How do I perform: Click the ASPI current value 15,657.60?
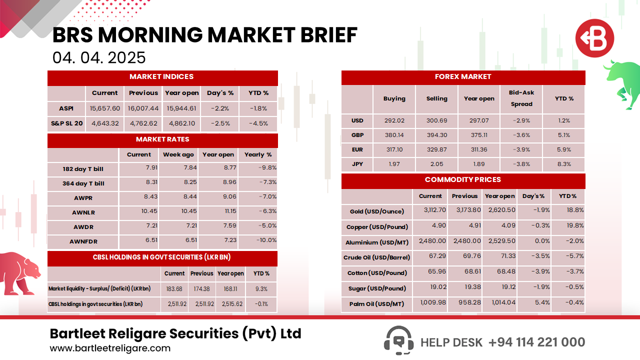point(105,108)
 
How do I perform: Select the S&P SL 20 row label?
point(66,123)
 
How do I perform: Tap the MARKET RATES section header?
point(162,139)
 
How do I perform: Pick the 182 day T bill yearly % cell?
point(258,168)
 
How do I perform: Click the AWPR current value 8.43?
point(139,197)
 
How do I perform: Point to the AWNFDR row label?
point(83,242)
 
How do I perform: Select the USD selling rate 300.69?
point(436,120)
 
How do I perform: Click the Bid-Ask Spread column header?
point(521,98)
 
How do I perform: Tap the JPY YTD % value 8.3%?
point(563,164)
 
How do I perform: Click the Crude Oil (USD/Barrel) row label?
point(376,257)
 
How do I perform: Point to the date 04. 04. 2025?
point(99,57)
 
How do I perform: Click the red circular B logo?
point(594,39)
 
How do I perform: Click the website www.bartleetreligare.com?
point(110,348)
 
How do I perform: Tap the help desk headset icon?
point(398,340)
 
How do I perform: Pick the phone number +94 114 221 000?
point(536,342)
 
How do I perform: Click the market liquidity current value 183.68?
point(174,288)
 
